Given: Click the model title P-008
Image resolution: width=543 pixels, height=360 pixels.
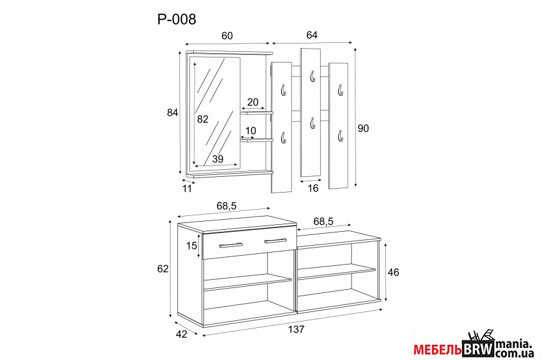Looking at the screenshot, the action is pos(177,20).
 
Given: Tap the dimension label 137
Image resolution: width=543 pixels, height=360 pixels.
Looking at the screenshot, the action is pos(296,329).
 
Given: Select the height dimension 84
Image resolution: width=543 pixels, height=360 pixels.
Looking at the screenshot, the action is pos(172,112).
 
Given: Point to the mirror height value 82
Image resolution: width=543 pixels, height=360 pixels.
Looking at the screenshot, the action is pos(203,119).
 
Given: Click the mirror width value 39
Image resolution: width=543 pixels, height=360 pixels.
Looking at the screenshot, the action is pos(217,159).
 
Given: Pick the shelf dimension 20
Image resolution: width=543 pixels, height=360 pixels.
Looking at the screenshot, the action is pos(253,102).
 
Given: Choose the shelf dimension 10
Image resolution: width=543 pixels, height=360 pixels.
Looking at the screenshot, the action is pos(251,131).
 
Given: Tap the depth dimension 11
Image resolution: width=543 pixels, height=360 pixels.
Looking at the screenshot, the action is pos(187,188).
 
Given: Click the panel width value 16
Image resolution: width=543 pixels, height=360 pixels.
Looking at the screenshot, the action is pos(313,188).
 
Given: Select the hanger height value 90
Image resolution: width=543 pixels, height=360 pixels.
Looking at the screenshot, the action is pos(363,128).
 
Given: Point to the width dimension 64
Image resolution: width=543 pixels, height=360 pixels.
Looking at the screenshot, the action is pos(312,35).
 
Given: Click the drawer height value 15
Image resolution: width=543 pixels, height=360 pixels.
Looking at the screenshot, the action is pos(191,246).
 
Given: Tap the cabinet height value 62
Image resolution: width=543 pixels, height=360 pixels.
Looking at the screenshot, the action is pos(162,268).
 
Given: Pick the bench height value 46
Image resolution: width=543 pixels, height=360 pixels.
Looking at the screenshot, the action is pos(393,272).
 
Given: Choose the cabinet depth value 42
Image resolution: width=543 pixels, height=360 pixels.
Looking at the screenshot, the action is pos(181,334).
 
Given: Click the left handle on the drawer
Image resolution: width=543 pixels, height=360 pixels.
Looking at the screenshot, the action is pos(230,245).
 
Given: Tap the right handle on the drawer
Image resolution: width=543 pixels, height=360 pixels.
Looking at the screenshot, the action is pos(275,241).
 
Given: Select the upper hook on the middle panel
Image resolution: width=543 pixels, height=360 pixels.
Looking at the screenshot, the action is pos(313,76).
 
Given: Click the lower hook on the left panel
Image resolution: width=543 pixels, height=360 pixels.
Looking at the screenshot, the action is pos(283,138).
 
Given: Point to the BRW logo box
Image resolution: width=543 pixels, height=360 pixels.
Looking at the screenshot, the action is pos(478,348).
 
